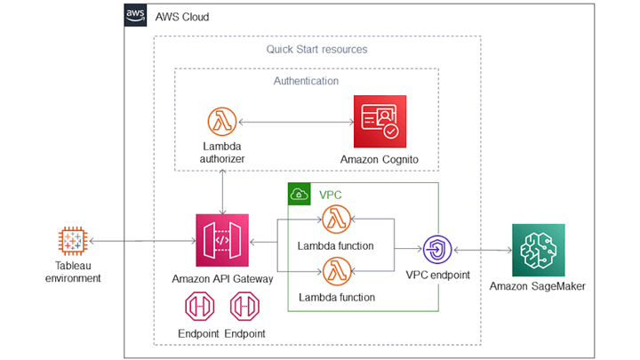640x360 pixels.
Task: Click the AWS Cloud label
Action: (182, 17)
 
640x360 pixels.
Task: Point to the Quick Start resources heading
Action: (316, 49)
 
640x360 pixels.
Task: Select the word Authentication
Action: (306, 81)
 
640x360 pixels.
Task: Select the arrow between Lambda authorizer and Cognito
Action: (292, 122)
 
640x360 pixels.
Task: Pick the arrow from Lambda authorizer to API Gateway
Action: (221, 188)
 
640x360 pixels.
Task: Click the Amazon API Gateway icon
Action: (221, 241)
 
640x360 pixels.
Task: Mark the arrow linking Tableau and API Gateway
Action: (142, 241)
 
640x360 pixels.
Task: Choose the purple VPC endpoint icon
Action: (437, 247)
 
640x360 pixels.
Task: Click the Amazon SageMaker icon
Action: (539, 250)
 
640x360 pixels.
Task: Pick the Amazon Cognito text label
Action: (380, 159)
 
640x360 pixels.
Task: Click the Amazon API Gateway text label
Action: (221, 278)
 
